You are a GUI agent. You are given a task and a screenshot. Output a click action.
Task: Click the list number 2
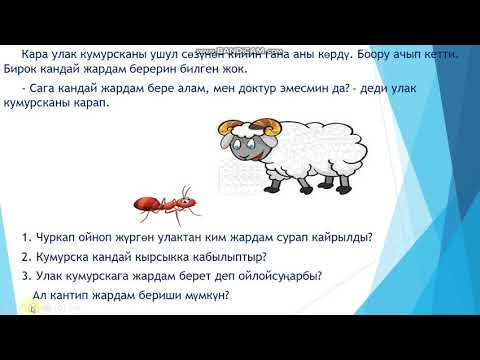pos(24,256)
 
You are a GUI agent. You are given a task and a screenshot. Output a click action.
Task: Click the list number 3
pos(24,275)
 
